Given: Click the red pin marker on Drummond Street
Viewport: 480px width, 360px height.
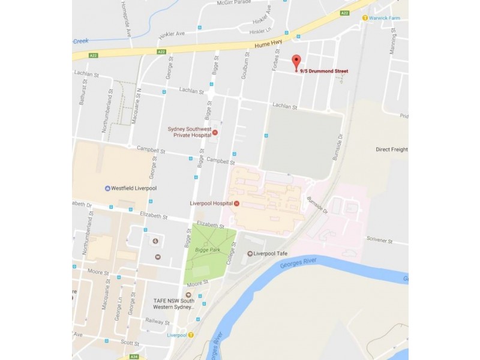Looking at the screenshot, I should point(296,61).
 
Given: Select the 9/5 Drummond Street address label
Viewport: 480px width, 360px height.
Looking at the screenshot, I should point(324,71).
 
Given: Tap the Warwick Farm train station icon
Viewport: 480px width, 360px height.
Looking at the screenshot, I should point(365,17).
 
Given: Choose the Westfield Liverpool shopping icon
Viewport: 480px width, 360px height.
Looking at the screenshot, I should point(107,188).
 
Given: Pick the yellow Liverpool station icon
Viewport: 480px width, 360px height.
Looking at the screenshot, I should point(191,335).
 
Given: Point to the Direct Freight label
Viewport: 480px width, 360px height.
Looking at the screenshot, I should point(391,149).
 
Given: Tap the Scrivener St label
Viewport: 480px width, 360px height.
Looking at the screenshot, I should point(379,242).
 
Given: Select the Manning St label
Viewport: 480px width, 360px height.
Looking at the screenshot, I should point(394,42).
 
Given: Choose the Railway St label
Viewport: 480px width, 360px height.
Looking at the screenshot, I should point(157,322).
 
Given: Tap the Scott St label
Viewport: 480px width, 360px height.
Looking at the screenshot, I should point(129,342).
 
